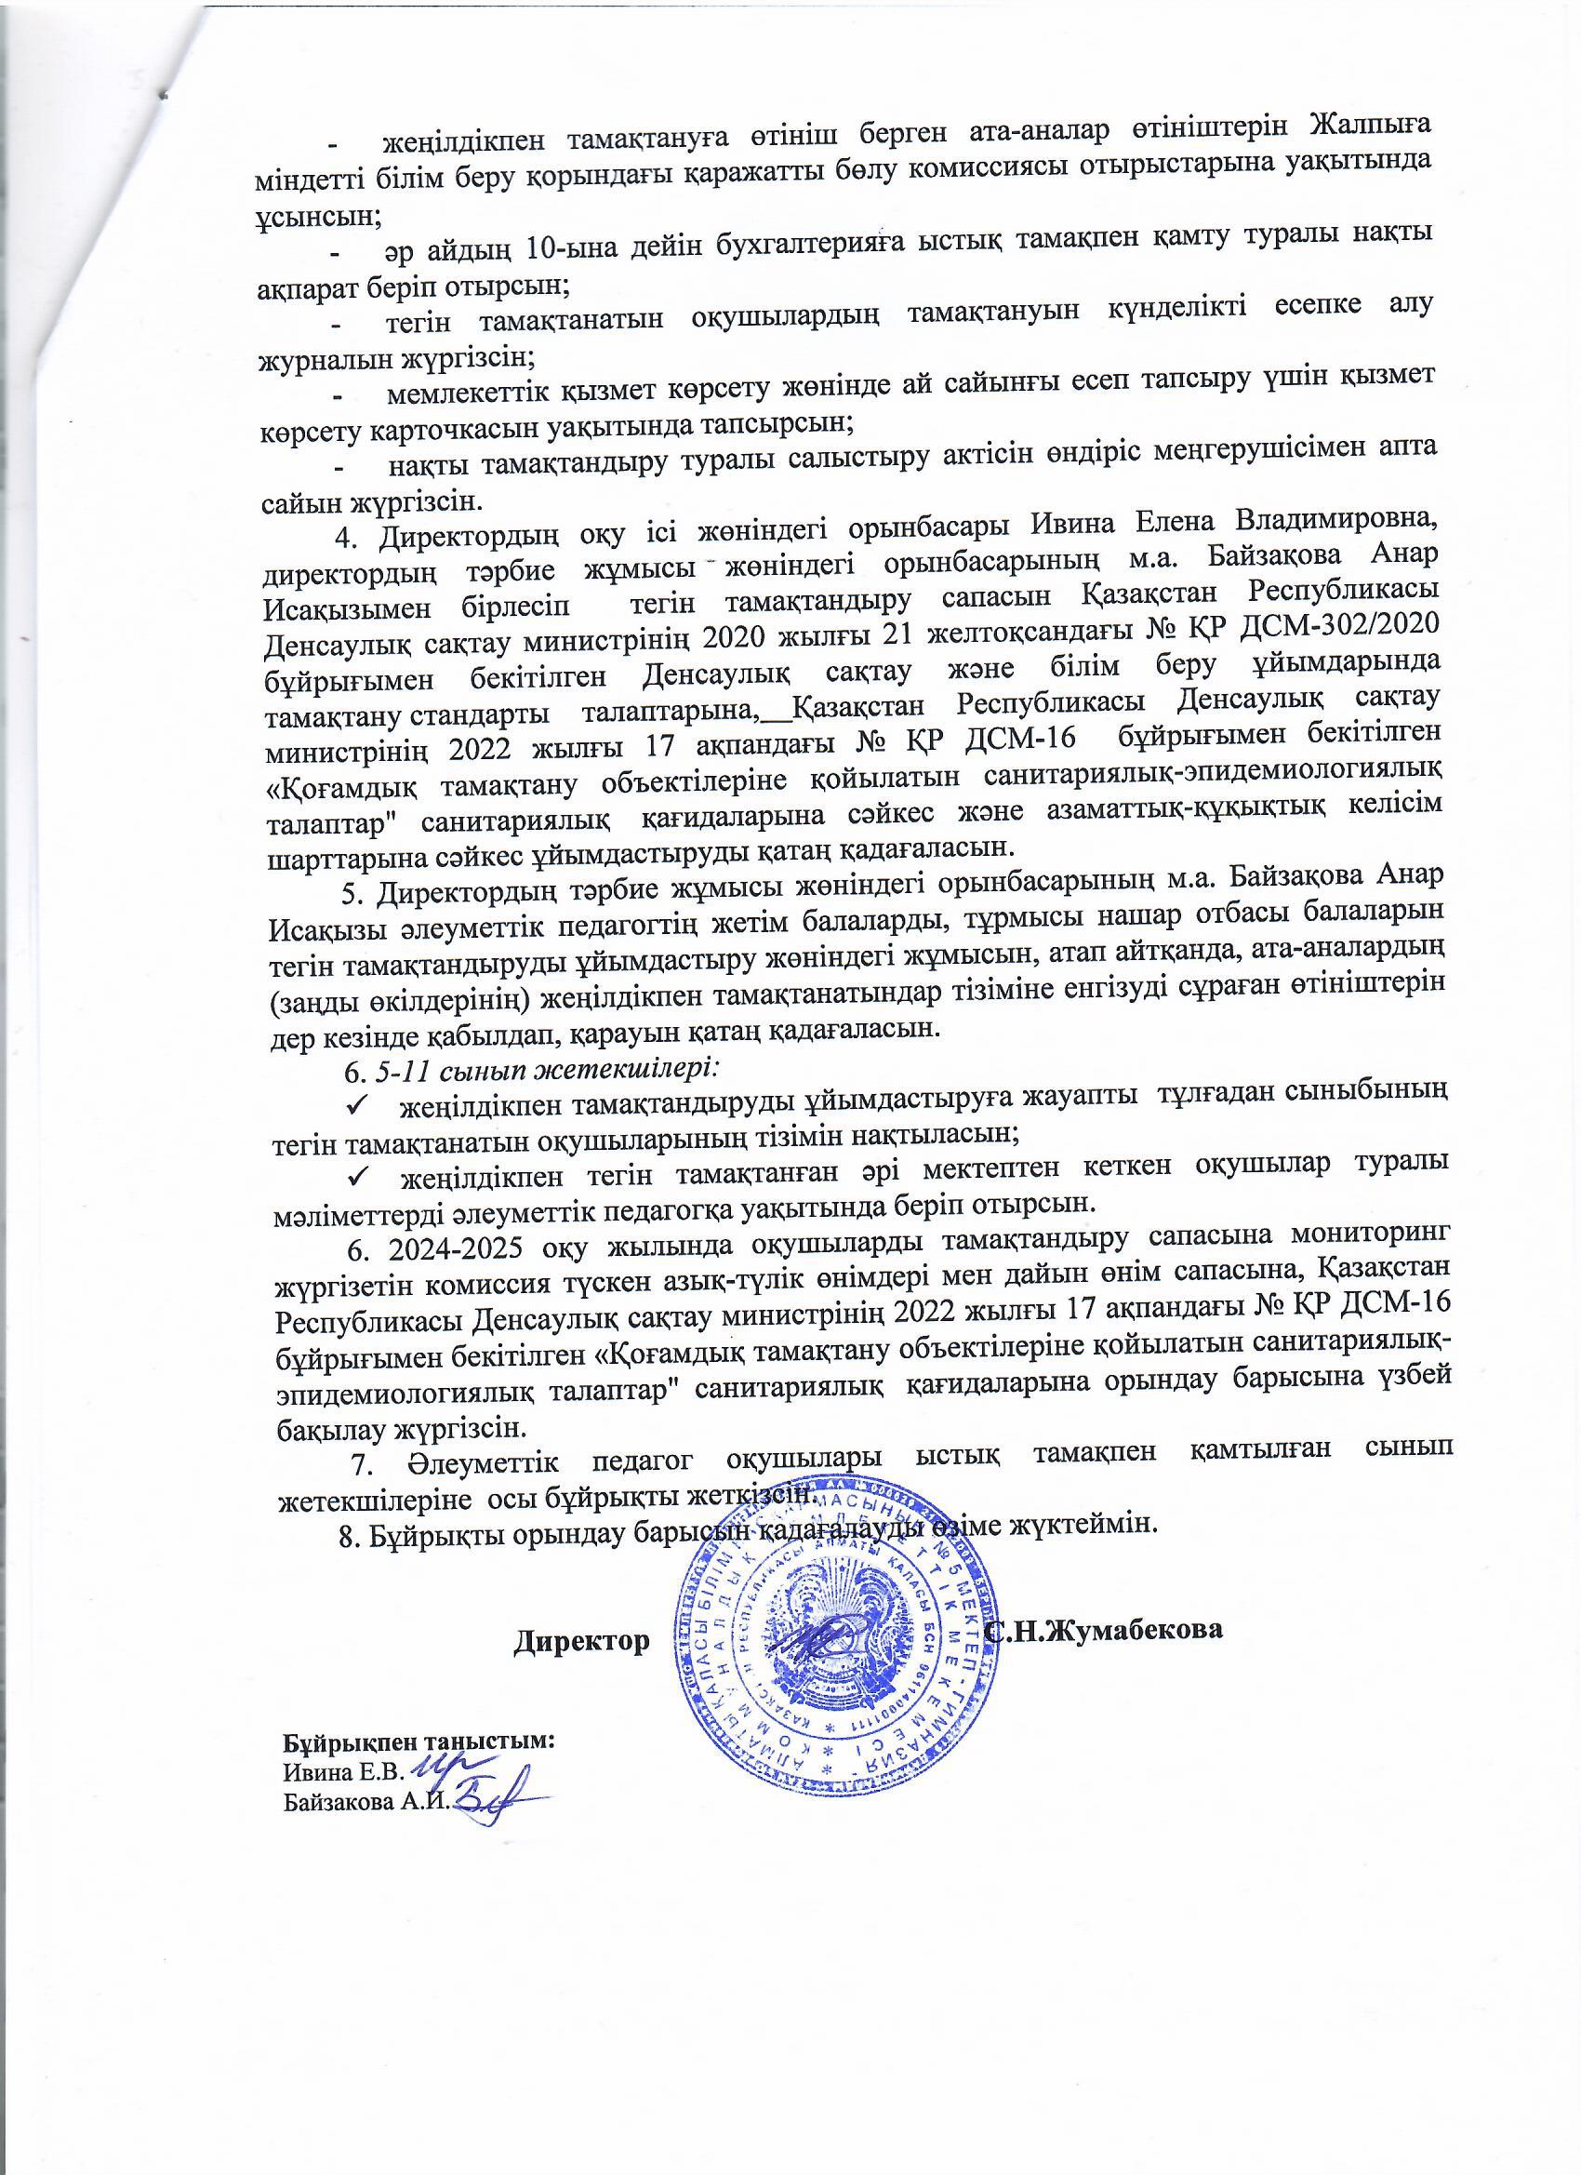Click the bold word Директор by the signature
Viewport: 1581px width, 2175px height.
coord(578,1640)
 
